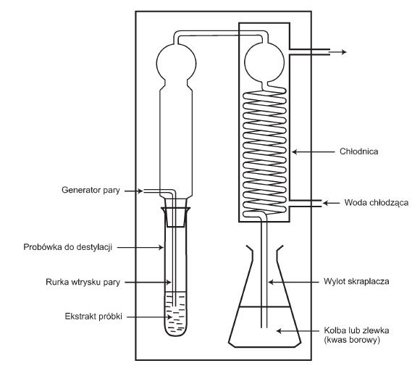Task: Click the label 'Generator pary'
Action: (x=91, y=191)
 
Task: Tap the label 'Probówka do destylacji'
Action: (x=68, y=247)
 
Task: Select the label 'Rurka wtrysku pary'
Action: (x=83, y=283)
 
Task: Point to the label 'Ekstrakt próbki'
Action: (x=93, y=317)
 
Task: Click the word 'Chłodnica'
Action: (x=359, y=151)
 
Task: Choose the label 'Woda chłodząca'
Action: (x=377, y=203)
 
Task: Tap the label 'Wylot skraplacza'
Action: (x=356, y=281)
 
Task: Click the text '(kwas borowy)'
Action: (x=352, y=341)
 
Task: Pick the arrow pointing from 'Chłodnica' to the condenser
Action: (x=313, y=152)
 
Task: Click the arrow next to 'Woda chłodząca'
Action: (x=331, y=203)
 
